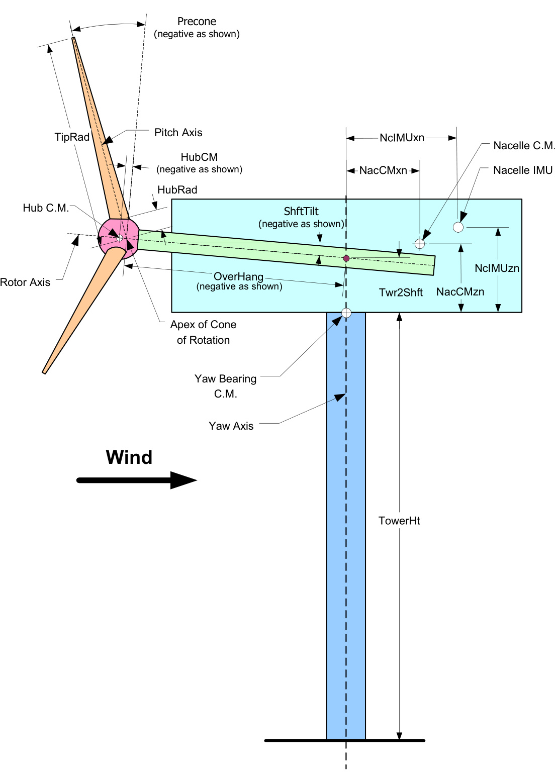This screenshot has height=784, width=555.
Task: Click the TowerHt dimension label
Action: coord(399,521)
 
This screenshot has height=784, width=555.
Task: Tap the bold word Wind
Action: coord(129,457)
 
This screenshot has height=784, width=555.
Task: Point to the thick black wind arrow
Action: coord(136,480)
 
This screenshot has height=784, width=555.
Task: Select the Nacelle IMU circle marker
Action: coord(458,227)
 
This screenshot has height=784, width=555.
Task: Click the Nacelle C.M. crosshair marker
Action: coord(420,244)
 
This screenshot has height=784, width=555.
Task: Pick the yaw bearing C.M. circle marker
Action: coord(346,313)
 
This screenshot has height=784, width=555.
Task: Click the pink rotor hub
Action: coord(119,237)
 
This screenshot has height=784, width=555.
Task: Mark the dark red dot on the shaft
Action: coord(346,258)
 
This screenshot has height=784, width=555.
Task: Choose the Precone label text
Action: coord(197,22)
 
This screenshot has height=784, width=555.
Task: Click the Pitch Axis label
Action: coord(178,133)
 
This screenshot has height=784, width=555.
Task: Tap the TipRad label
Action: coord(72,137)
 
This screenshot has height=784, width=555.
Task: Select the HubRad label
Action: coord(177,190)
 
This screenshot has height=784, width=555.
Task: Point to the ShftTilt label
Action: coord(301,212)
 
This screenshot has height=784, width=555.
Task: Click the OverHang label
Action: coord(238,277)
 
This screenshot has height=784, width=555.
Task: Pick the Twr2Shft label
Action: coord(401,292)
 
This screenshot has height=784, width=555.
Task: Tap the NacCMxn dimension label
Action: coord(383,171)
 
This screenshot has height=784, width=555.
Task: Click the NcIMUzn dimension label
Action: coord(497,268)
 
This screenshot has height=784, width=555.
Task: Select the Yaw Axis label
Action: coord(231,426)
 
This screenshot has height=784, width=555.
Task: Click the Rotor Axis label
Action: coord(25,282)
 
